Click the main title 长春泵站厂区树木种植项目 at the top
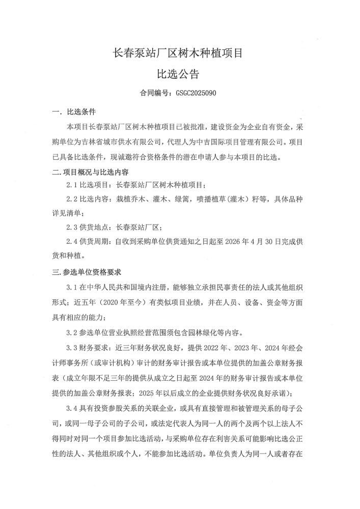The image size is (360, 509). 180,52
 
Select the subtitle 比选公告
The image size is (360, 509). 180,74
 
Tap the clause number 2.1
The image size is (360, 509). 73,185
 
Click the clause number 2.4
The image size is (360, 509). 73,242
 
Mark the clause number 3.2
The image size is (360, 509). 73,333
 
